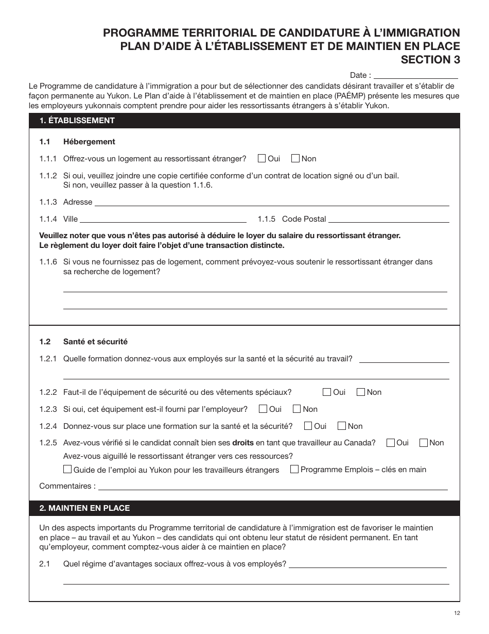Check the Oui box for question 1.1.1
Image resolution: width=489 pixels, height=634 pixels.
pyautogui.click(x=261, y=158)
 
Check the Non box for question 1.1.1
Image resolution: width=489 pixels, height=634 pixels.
pyautogui.click(x=295, y=158)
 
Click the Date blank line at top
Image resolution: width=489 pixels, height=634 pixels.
pyautogui.click(x=415, y=75)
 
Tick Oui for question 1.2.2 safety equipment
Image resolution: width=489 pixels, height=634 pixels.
pyautogui.click(x=327, y=392)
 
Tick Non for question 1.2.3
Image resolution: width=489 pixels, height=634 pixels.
pyautogui.click(x=297, y=409)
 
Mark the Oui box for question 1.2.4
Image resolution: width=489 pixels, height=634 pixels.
pyautogui.click(x=308, y=426)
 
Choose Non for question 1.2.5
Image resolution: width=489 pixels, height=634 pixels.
pyautogui.click(x=424, y=442)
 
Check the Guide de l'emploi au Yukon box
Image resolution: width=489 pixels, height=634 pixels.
pyautogui.click(x=67, y=470)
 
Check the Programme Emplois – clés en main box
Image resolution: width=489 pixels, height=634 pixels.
pyautogui.click(x=294, y=469)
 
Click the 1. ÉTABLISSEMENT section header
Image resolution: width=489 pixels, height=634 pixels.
pyautogui.click(x=77, y=121)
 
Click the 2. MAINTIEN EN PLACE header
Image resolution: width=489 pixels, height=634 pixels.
pyautogui.click(x=85, y=508)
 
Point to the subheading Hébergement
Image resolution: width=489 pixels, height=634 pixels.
pyautogui.click(x=89, y=142)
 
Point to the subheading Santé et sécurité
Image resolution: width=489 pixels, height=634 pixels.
pyautogui.click(x=95, y=342)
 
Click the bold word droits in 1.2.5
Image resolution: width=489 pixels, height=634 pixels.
pyautogui.click(x=243, y=443)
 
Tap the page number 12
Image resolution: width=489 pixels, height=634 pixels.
pyautogui.click(x=457, y=613)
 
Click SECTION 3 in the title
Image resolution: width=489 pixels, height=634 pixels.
pyautogui.click(x=430, y=59)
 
